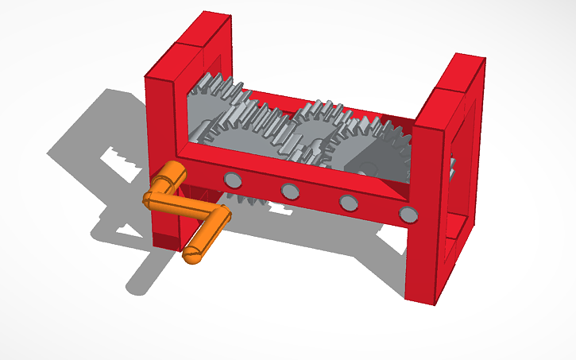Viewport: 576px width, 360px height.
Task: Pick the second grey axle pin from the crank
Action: pyautogui.click(x=290, y=190)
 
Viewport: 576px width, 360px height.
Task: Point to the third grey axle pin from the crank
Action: pyautogui.click(x=348, y=202)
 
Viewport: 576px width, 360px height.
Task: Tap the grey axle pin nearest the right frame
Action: pyautogui.click(x=408, y=213)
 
